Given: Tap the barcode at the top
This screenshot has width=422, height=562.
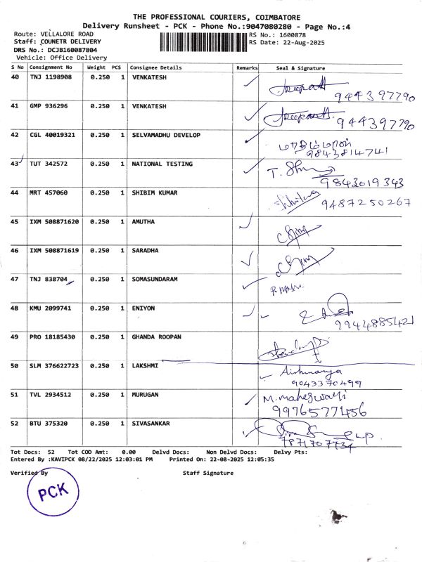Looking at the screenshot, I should pos(203,39).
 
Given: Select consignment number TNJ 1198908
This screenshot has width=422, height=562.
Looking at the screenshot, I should pos(51,77).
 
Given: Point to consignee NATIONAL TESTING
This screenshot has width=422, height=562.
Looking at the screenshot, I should pos(162,164).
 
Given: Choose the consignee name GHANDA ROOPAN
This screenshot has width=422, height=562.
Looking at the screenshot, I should pos(156,337).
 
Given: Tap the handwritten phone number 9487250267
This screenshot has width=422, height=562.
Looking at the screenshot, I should pos(365,203).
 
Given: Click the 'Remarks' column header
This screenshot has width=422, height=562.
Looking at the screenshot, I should pos(248,67).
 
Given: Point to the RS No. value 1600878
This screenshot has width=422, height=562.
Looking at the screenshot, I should pos(292,34).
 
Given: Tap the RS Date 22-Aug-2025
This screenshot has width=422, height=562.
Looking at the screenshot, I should pos(300,42).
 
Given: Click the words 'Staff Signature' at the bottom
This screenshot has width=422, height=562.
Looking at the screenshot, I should pos(207,473).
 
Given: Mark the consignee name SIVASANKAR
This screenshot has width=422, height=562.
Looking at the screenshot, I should pos(152,424).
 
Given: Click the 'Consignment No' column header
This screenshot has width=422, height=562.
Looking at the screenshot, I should pos(51,67).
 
